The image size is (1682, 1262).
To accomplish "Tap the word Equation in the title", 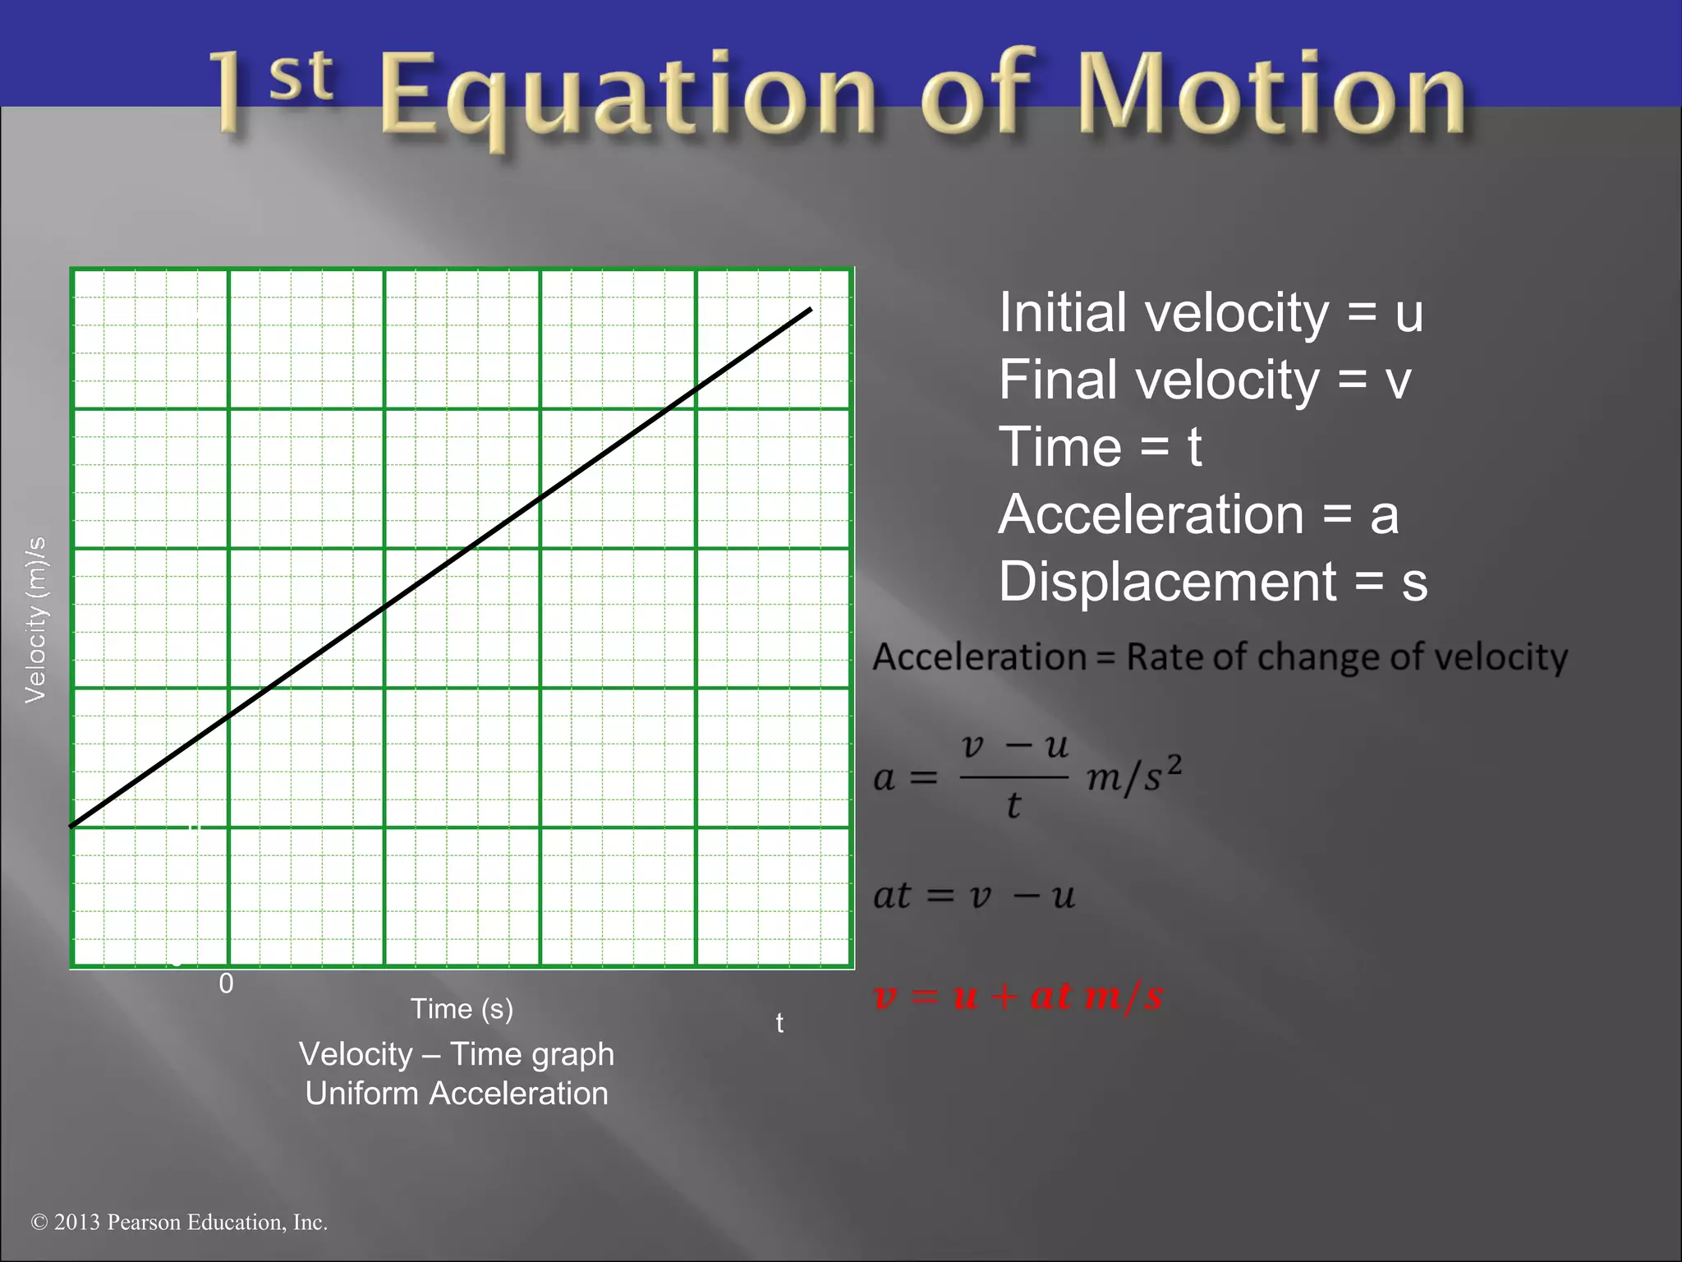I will pyautogui.click(x=628, y=94).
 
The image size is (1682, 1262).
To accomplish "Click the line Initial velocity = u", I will pyautogui.click(x=1211, y=313).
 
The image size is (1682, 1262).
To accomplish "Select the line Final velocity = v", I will pyautogui.click(x=1204, y=380).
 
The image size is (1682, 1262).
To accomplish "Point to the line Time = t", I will pyautogui.click(x=1100, y=448).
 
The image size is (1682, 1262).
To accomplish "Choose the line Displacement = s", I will pyautogui.click(x=1212, y=583).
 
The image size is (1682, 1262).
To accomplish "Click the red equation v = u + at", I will pyautogui.click(x=1018, y=996).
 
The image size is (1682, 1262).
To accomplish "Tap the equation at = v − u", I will pyautogui.click(x=974, y=896).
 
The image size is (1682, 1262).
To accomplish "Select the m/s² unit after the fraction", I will pyautogui.click(x=1133, y=775).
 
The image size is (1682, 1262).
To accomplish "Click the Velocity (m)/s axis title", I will pyautogui.click(x=36, y=620).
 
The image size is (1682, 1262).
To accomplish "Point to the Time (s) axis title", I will pyautogui.click(x=462, y=1009).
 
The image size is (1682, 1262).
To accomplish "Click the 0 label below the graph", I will pyautogui.click(x=226, y=983).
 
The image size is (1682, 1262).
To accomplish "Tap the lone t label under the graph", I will pyautogui.click(x=779, y=1024).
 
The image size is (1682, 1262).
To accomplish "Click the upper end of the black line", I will pyautogui.click(x=810, y=310).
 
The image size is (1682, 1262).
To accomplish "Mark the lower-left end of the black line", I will pyautogui.click(x=73, y=825).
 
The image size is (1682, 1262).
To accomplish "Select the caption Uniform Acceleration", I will pyautogui.click(x=457, y=1094).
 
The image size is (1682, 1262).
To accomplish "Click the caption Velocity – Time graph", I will pyautogui.click(x=457, y=1054).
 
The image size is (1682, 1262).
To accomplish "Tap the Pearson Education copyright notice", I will pyautogui.click(x=179, y=1223).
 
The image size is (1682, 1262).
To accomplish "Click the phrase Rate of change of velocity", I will pyautogui.click(x=1346, y=657).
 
